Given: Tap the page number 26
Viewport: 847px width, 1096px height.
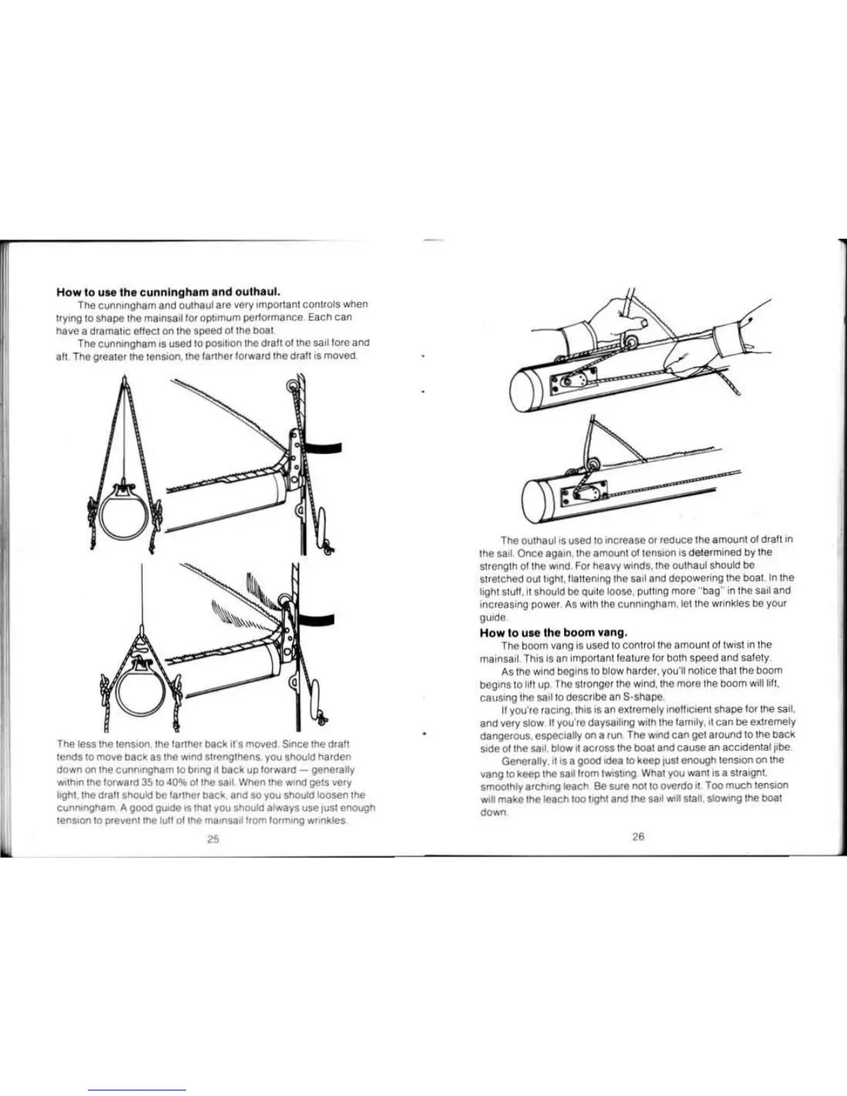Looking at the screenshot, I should [638, 837].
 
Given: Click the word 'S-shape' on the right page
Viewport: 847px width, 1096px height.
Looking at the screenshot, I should [642, 696].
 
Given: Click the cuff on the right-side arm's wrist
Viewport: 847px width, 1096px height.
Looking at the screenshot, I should [727, 341].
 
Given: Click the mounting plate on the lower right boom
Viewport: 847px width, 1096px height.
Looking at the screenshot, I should [583, 493].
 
